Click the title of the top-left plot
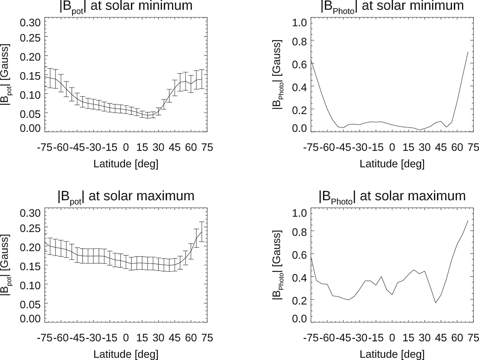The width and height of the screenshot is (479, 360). click(x=125, y=6)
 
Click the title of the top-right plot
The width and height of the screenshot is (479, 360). click(x=392, y=6)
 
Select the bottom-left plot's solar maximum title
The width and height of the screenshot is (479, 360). click(x=125, y=197)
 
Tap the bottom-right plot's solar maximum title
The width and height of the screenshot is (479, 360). click(x=392, y=197)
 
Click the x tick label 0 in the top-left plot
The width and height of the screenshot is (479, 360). click(x=126, y=147)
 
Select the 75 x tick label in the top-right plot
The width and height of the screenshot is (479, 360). click(x=473, y=147)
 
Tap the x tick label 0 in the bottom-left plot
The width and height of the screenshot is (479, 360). click(x=126, y=337)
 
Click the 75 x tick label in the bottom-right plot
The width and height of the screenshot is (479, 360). click(x=473, y=337)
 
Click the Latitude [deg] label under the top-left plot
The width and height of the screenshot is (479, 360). click(x=126, y=164)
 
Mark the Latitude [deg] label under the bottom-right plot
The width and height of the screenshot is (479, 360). click(x=392, y=354)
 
